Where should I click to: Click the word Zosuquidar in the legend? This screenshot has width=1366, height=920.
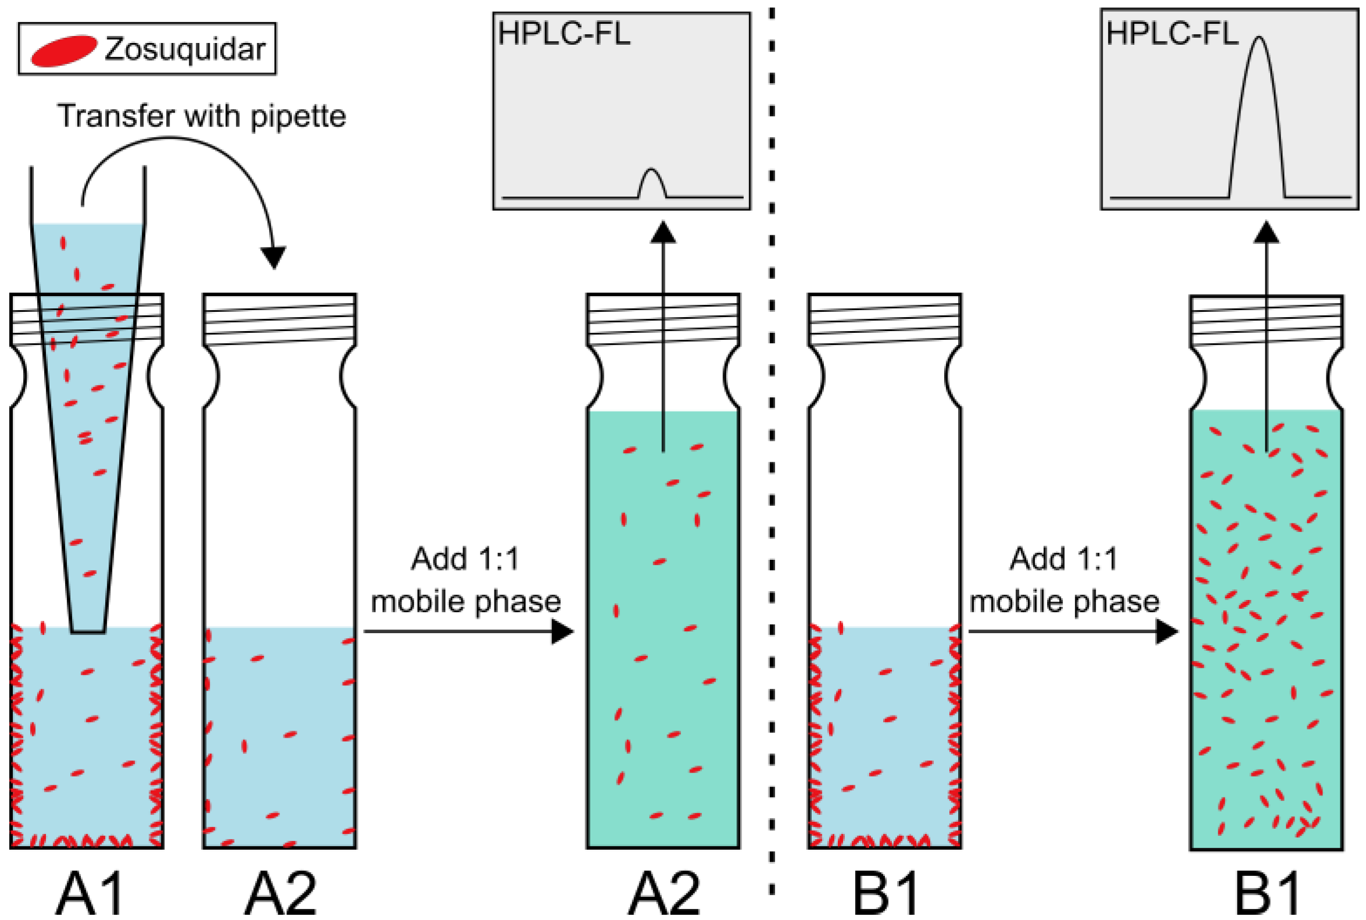185,49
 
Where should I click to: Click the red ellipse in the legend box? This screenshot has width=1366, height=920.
63,51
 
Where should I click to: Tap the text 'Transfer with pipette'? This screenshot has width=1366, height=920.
202,116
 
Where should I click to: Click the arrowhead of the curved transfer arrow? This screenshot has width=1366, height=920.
274,257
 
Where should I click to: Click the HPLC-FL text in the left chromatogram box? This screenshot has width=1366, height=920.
564,34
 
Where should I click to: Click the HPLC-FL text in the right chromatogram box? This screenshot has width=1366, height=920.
1172,34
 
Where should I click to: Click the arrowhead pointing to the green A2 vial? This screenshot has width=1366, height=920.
561,632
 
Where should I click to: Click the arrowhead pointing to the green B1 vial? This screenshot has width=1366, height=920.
1166,632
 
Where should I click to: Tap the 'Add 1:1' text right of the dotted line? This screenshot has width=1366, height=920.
1064,559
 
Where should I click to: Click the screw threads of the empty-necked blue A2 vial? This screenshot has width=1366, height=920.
279,319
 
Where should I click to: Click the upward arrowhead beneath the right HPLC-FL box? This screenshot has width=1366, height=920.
1266,233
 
